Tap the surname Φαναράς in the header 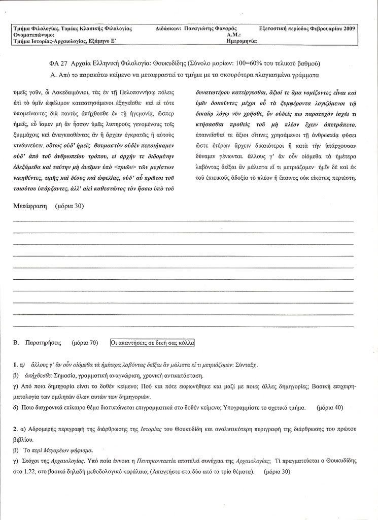point(227,29)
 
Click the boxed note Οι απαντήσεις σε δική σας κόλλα point(152,343)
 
